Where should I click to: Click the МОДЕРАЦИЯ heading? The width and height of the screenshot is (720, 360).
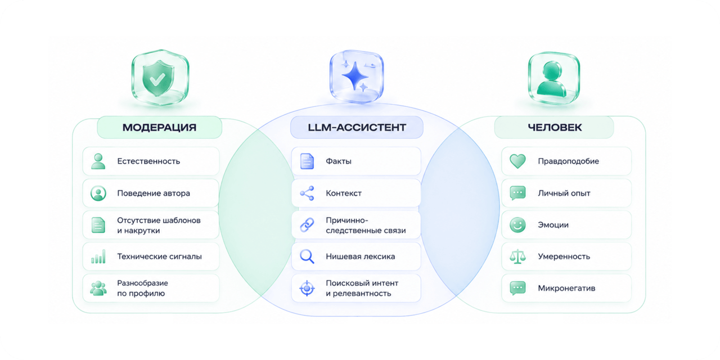click(x=159, y=128)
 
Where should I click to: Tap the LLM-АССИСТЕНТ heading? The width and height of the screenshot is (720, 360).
click(x=357, y=128)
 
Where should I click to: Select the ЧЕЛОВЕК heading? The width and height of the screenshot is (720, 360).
click(x=555, y=128)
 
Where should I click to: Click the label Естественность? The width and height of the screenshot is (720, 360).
click(x=148, y=161)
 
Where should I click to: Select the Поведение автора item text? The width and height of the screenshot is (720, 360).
click(x=154, y=193)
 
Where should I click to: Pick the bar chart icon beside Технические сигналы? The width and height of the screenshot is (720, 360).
click(x=98, y=256)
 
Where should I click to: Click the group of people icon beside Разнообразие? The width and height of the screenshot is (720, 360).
click(x=98, y=288)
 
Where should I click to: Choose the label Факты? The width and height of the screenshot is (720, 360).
click(x=339, y=161)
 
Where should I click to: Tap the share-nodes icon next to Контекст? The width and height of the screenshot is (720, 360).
click(x=307, y=193)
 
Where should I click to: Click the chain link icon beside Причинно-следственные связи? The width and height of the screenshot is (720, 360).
click(x=307, y=224)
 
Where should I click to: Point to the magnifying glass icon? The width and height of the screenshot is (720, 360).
click(x=307, y=256)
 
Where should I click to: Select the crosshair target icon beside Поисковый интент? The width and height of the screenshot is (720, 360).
click(x=307, y=288)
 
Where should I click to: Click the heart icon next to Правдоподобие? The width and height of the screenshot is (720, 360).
click(x=518, y=161)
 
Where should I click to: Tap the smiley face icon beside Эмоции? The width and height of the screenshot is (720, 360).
click(x=518, y=224)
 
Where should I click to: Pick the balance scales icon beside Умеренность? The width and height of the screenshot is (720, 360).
click(x=518, y=256)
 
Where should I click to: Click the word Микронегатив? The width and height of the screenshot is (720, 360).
click(x=566, y=288)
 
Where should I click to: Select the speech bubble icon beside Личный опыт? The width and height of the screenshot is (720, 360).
click(x=518, y=193)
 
